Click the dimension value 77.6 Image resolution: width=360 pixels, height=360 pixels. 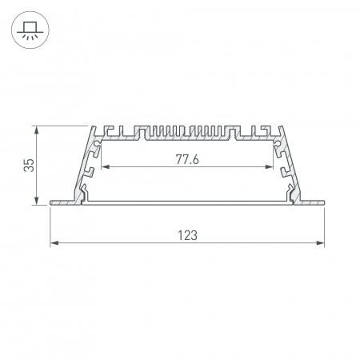tap(187, 159)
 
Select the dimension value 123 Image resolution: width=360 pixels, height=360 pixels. tap(187, 235)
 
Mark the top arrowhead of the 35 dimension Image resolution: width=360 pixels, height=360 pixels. tap(38, 128)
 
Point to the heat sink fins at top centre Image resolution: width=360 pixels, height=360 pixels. tap(187, 130)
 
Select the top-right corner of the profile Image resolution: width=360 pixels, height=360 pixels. tap(281, 126)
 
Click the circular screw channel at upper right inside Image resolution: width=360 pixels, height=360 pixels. tap(278, 146)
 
